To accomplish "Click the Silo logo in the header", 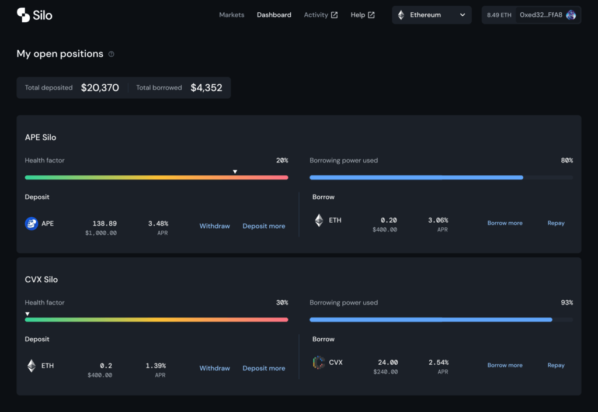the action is [x=34, y=15].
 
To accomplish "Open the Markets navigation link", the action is [x=231, y=15].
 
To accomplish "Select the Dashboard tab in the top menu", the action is [x=274, y=15].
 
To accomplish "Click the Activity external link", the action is [x=321, y=15].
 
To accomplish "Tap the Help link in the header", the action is [x=362, y=15].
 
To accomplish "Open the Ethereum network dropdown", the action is [x=432, y=15].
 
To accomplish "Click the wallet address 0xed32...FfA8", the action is [x=541, y=15].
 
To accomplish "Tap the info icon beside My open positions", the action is [x=112, y=54].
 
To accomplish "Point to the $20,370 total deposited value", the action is [x=100, y=88].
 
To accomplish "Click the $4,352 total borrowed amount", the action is [x=206, y=88].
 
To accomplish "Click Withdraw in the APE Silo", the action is [x=215, y=226].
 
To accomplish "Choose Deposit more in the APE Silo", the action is [x=264, y=226].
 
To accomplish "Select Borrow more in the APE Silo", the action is [x=505, y=223].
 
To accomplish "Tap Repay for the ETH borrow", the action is [x=556, y=223].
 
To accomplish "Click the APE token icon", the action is [x=32, y=223].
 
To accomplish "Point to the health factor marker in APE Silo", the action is [x=235, y=172].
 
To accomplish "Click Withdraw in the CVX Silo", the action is [x=215, y=368].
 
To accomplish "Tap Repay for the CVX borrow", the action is [x=556, y=365].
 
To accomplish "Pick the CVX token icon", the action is [x=319, y=362].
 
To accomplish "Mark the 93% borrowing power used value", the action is [x=566, y=303].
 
